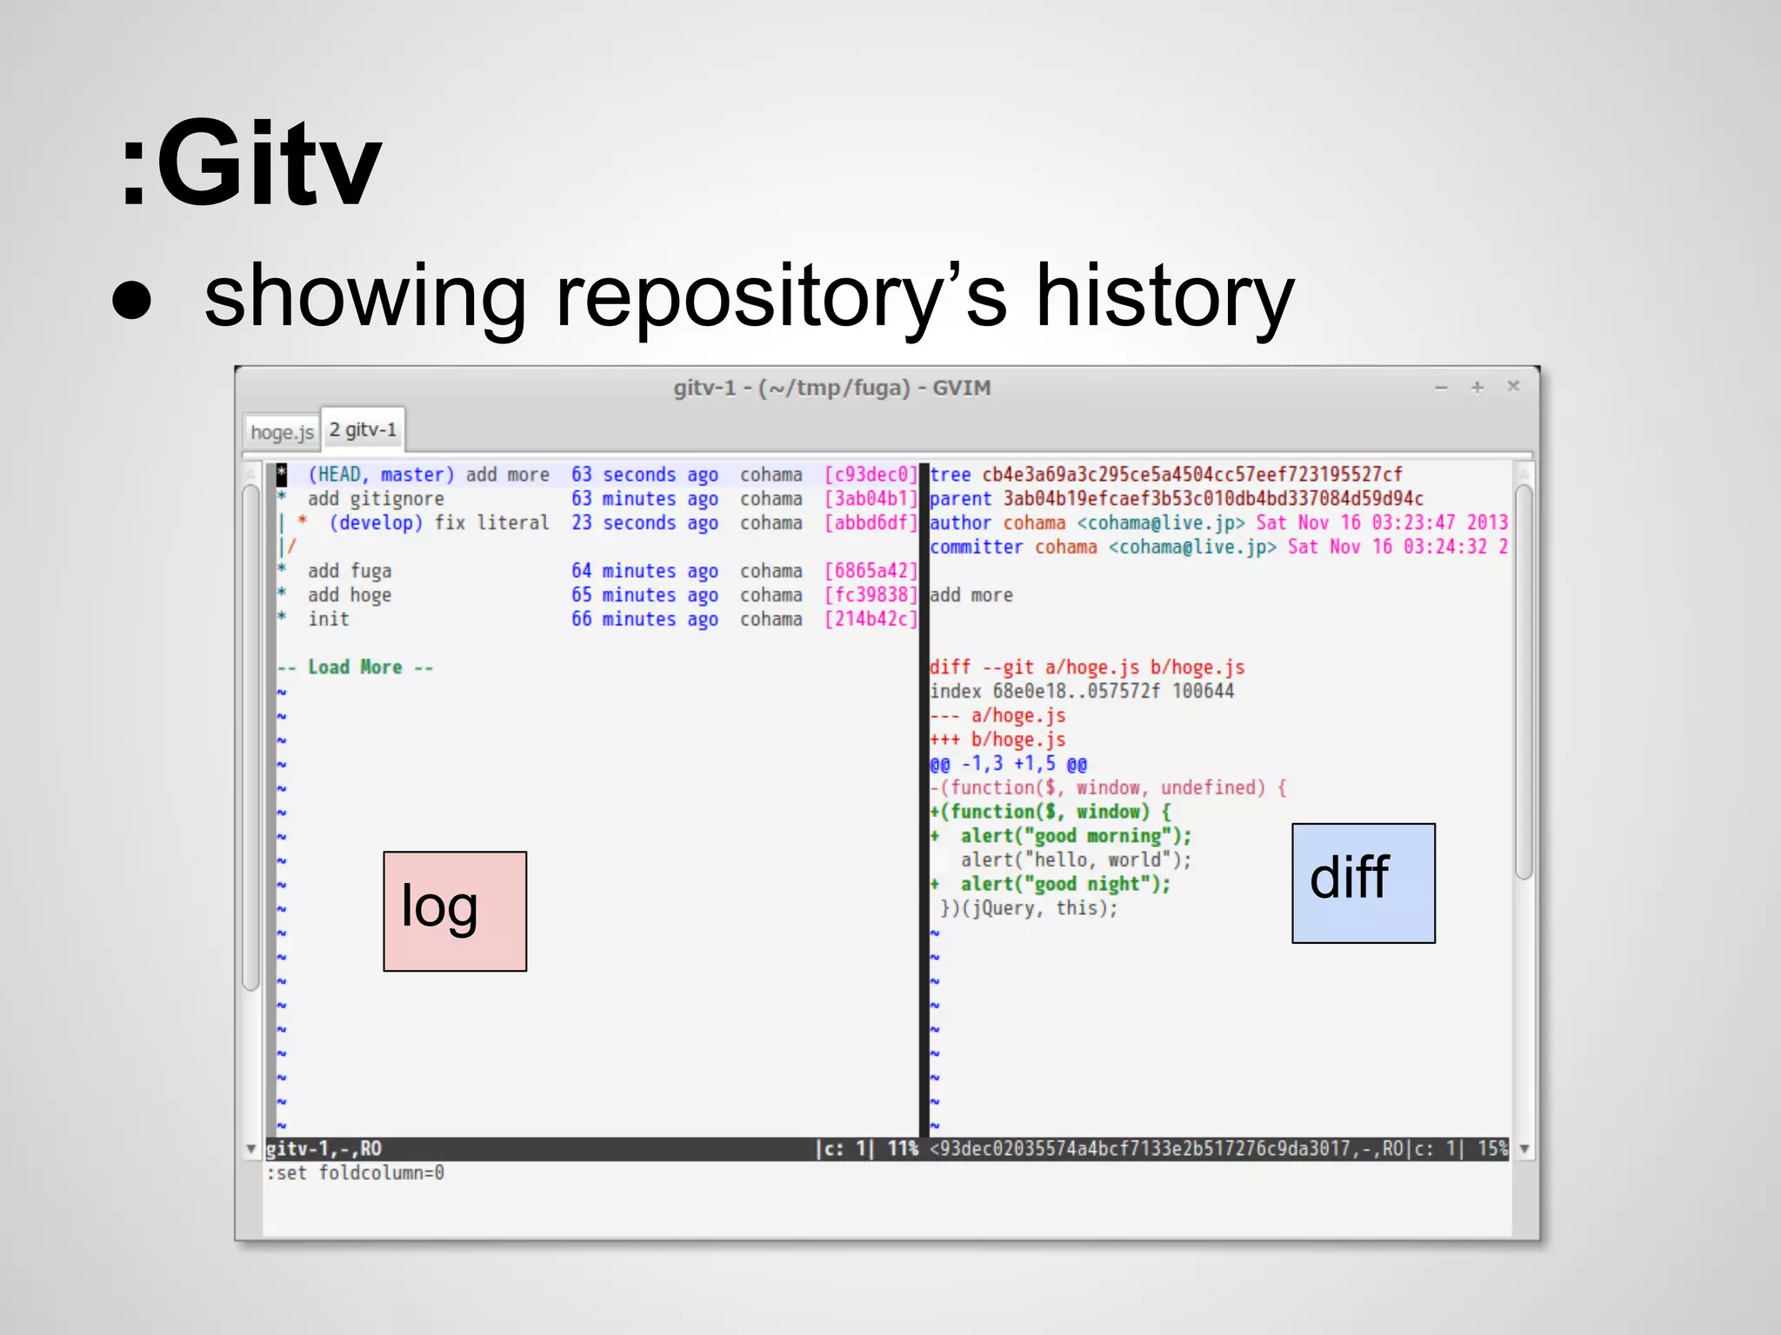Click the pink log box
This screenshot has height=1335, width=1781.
(x=455, y=911)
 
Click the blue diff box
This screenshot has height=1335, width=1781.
(x=1363, y=883)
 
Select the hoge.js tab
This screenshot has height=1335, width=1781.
(x=282, y=432)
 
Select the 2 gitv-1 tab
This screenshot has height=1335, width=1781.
(x=363, y=429)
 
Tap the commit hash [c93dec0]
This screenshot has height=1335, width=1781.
(x=870, y=475)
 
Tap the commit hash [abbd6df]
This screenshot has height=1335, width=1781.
(x=870, y=523)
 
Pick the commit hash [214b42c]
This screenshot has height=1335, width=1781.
(x=870, y=620)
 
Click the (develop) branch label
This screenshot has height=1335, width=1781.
(x=376, y=523)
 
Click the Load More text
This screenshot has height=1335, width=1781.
(x=355, y=667)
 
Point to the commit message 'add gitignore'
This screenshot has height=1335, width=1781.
(x=376, y=499)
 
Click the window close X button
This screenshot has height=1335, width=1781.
(x=1513, y=386)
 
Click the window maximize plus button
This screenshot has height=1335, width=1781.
(x=1477, y=388)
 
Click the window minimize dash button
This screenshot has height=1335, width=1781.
(x=1441, y=389)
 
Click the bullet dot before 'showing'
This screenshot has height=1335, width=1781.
(x=132, y=300)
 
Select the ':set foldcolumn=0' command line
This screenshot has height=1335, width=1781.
(x=356, y=1173)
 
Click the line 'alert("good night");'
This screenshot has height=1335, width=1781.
(x=1064, y=884)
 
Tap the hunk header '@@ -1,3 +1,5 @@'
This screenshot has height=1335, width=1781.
(x=1008, y=764)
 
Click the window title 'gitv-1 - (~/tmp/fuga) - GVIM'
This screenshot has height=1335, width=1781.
(x=831, y=388)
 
